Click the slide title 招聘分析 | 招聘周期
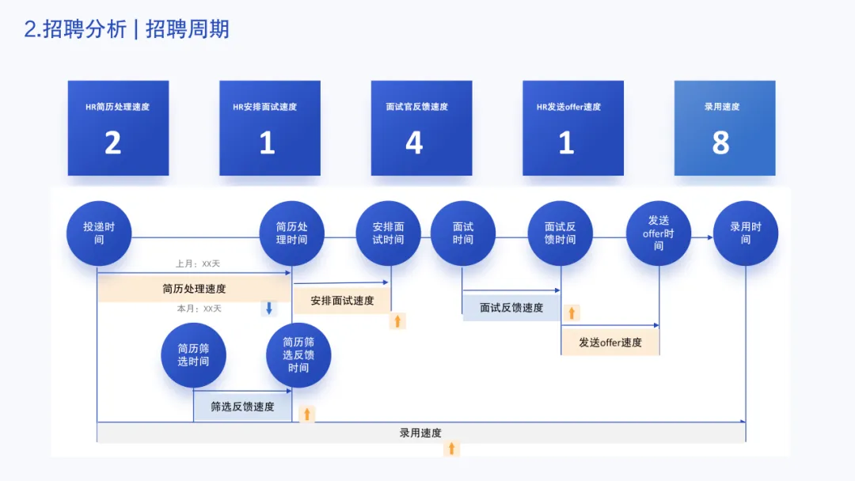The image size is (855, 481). [x=127, y=29]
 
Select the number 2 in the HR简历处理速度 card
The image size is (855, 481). [x=113, y=143]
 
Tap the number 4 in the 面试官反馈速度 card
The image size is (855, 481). [x=414, y=143]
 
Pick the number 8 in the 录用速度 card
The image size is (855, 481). [x=720, y=143]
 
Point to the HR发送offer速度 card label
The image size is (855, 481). [x=568, y=107]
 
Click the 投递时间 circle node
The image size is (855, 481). [x=98, y=233]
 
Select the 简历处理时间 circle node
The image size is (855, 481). [x=292, y=233]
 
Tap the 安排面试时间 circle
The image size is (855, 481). [x=388, y=233]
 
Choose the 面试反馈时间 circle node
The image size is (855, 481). [x=560, y=233]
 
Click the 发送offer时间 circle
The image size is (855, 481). [x=659, y=233]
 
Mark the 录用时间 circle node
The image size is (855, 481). [x=746, y=233]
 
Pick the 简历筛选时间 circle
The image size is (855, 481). [x=193, y=355]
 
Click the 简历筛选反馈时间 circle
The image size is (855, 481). [x=298, y=355]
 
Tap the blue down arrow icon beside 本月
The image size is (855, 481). [x=269, y=309]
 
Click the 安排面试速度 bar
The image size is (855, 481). [x=342, y=301]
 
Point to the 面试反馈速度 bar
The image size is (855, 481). [x=511, y=308]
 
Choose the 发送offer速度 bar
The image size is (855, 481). [x=610, y=343]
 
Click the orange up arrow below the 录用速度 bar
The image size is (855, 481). [x=451, y=449]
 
